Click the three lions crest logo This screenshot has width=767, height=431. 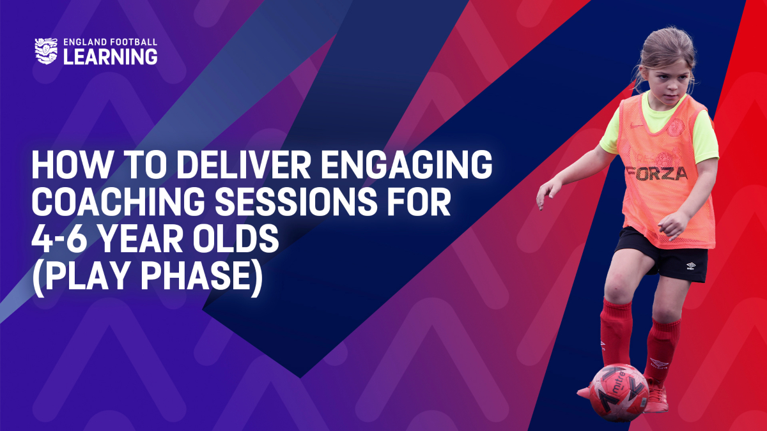click(x=46, y=51)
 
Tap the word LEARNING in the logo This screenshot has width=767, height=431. click(x=110, y=56)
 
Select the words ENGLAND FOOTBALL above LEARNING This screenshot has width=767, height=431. click(x=110, y=42)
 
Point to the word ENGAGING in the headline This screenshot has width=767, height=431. click(x=407, y=165)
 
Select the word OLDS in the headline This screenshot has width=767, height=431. click(x=236, y=239)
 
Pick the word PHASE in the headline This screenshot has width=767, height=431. click(x=198, y=276)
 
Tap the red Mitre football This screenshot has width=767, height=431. click(x=619, y=392)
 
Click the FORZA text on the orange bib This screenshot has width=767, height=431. click(x=656, y=174)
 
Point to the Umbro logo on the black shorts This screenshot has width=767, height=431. click(x=691, y=266)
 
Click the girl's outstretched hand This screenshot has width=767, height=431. click(x=548, y=193)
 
